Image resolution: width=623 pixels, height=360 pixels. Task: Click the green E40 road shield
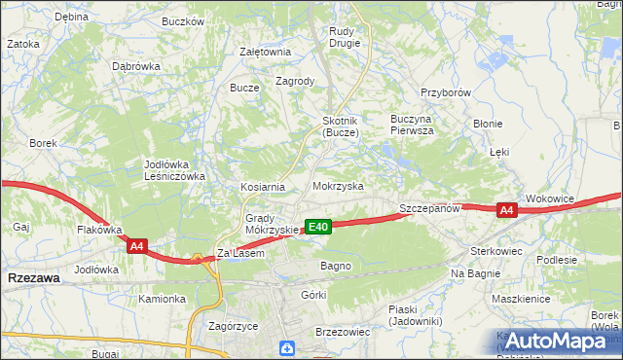click(318, 227)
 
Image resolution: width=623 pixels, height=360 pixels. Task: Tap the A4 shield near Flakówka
click(136, 247)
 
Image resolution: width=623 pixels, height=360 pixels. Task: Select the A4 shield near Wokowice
click(505, 210)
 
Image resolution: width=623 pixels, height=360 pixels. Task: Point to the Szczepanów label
click(429, 209)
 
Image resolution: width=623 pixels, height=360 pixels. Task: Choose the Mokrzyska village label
click(338, 185)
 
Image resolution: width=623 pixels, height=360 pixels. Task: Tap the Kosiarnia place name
click(263, 187)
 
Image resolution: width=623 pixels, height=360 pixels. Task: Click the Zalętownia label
click(266, 52)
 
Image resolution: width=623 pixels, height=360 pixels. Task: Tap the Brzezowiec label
click(343, 332)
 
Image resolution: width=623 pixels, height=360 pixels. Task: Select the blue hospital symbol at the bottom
click(286, 347)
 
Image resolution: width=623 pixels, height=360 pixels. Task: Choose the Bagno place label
click(336, 266)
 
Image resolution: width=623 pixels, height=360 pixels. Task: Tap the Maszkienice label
click(524, 299)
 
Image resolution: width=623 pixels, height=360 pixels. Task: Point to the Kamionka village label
click(162, 299)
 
